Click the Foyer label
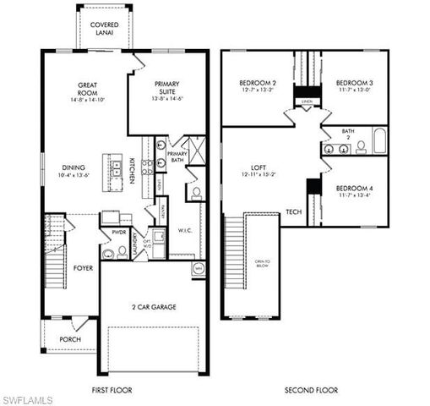point(83,269)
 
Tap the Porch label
point(70,340)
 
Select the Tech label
point(293,211)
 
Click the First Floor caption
point(112,390)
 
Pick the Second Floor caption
point(311,390)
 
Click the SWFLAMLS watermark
point(27,398)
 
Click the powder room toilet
point(108,251)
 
